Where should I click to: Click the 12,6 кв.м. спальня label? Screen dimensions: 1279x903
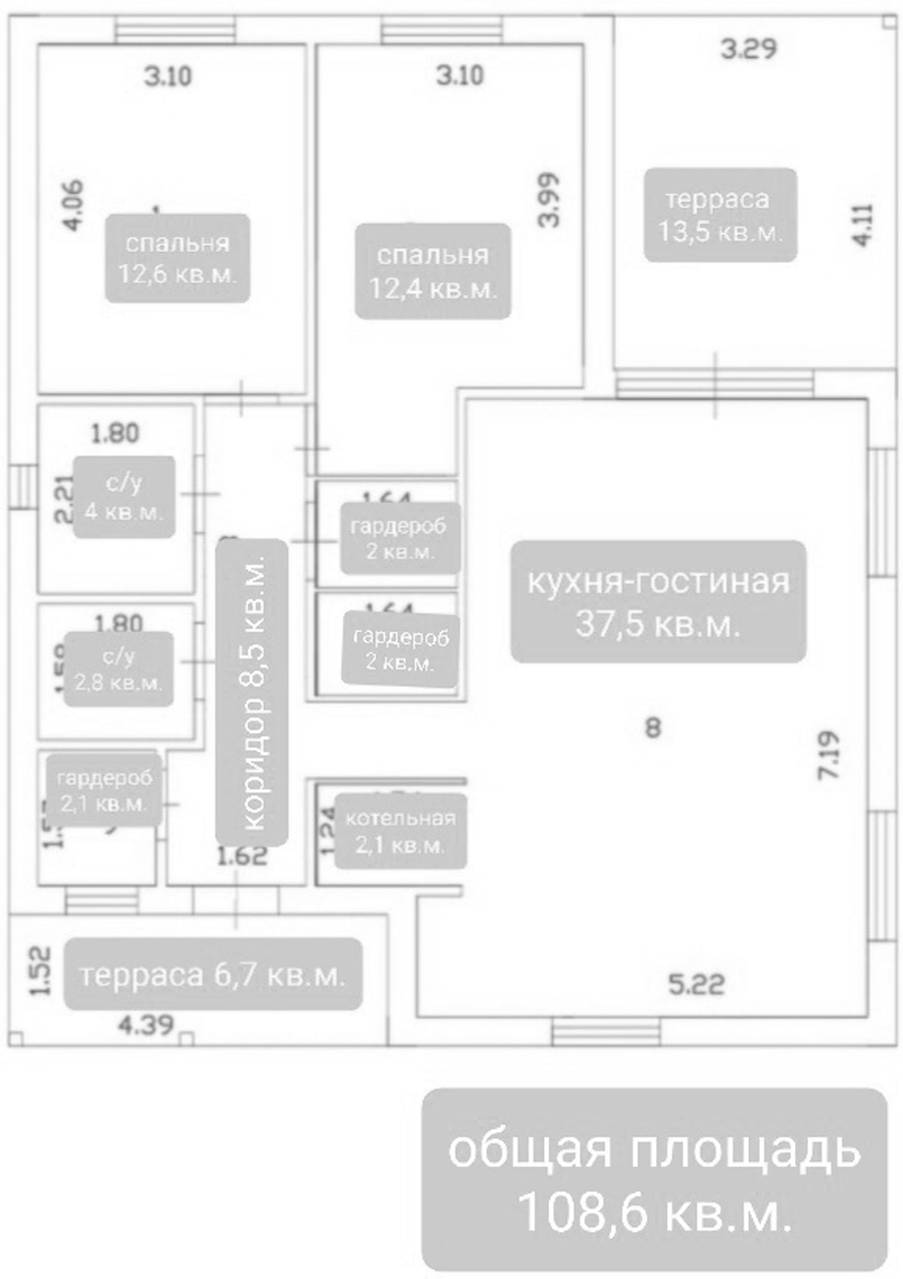pos(176,258)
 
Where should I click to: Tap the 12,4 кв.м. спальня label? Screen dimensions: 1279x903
pos(432,271)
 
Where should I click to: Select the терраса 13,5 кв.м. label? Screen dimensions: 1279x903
pos(719,216)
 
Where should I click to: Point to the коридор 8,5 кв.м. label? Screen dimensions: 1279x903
pos(252,692)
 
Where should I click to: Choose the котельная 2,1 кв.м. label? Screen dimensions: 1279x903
pos(399,831)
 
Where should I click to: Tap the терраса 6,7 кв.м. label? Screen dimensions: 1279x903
pos(213,975)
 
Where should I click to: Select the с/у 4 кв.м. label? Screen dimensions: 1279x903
pos(124,497)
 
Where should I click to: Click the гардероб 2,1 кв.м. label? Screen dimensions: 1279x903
pos(105,790)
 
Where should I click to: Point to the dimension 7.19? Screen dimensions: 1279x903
pos(829,753)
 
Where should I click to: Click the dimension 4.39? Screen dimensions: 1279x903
pos(146,1026)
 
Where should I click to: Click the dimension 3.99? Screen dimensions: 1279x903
pos(549,201)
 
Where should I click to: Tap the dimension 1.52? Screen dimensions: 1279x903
pos(38,971)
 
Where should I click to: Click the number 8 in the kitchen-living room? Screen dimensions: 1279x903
pos(654,727)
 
